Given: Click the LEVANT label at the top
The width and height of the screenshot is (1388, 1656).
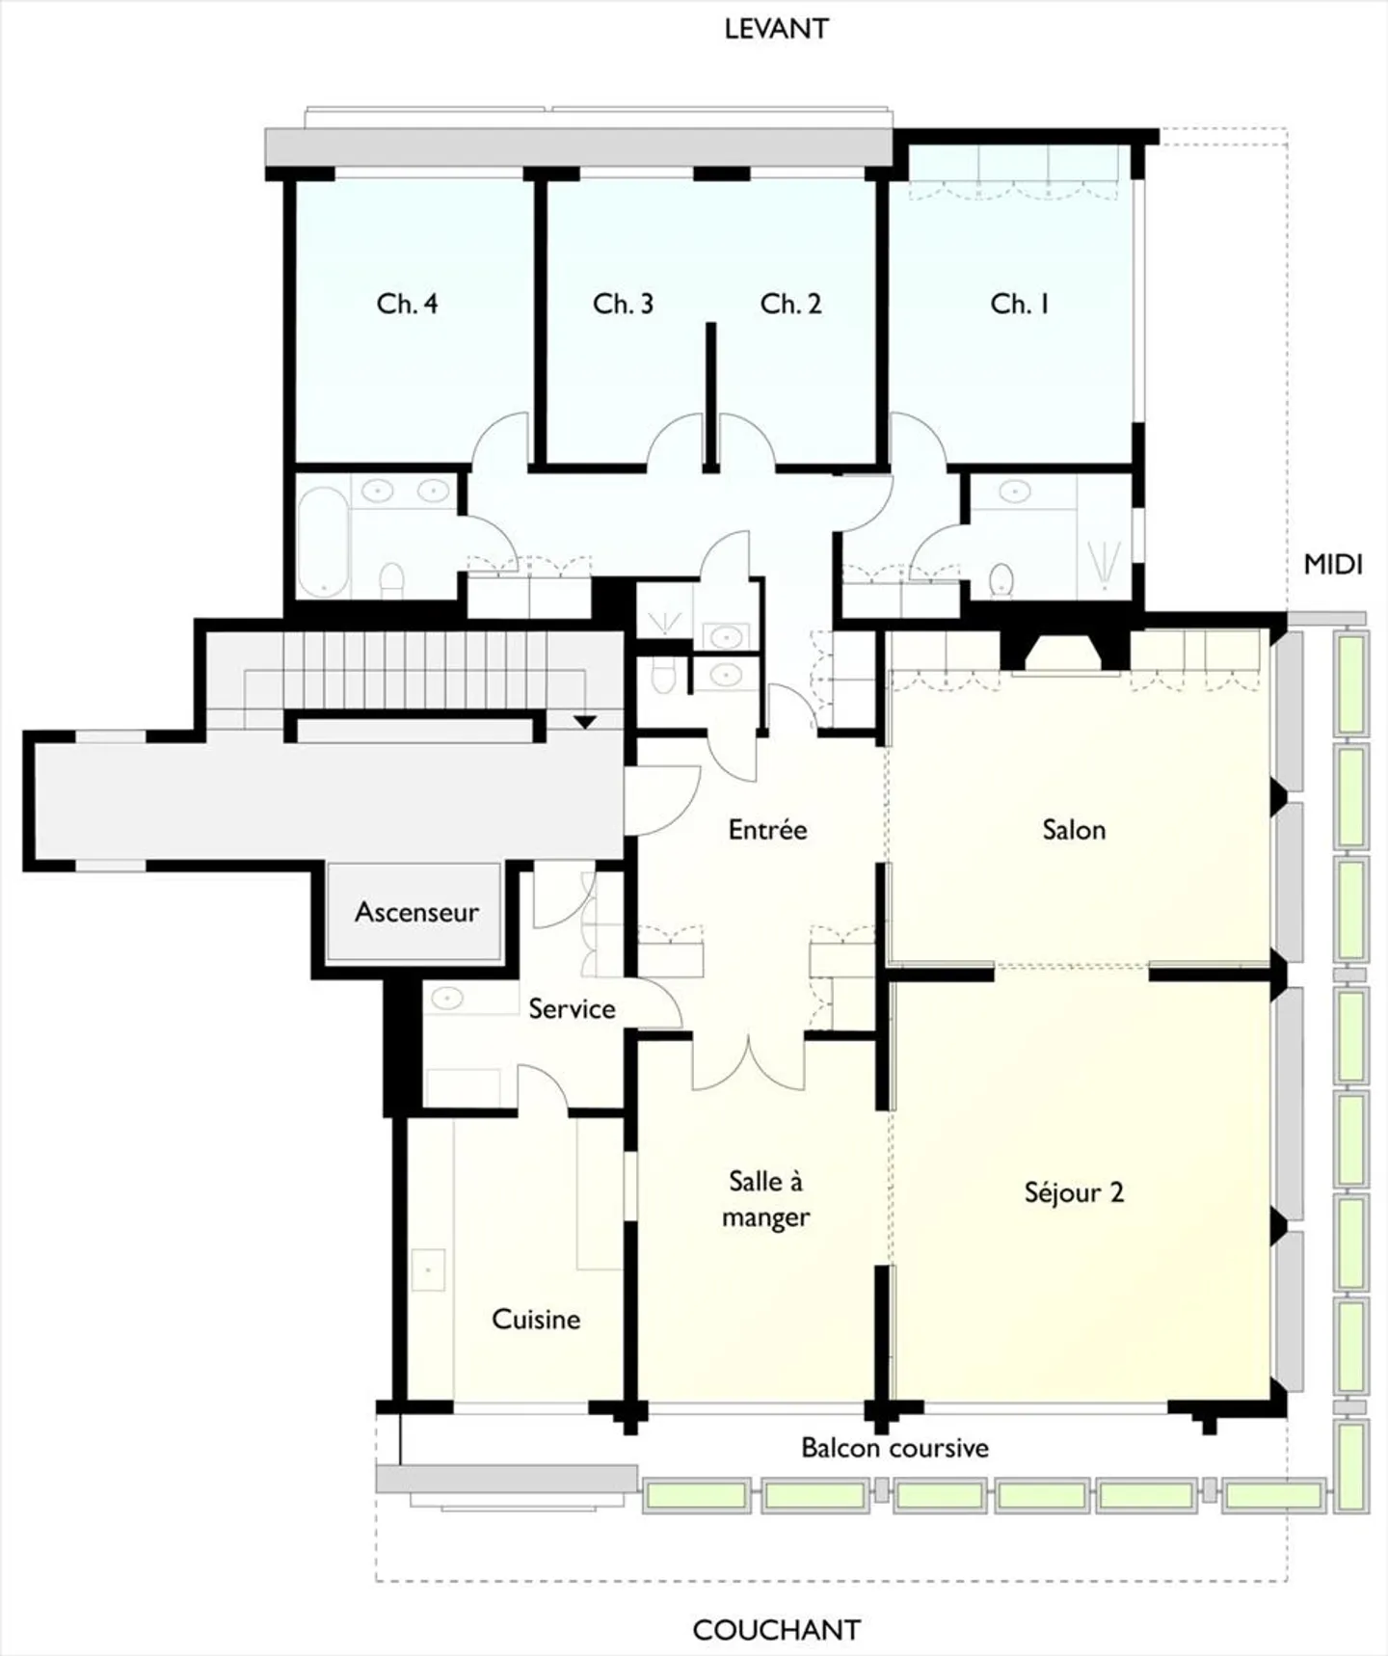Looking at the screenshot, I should pyautogui.click(x=776, y=29).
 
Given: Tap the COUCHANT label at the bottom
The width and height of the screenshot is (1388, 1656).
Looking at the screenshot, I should pyautogui.click(x=776, y=1630).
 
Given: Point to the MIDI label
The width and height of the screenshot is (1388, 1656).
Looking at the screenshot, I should pyautogui.click(x=1333, y=565).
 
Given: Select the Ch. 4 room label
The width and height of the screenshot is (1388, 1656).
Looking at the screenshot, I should pyautogui.click(x=407, y=305).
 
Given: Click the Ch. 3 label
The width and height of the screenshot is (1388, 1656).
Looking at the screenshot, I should pyautogui.click(x=623, y=305).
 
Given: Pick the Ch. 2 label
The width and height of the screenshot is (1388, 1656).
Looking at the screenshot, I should pyautogui.click(x=790, y=305).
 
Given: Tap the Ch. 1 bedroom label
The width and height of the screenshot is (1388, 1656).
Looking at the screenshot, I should pyautogui.click(x=1019, y=305).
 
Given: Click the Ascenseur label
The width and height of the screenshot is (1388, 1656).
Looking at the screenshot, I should pyautogui.click(x=416, y=912).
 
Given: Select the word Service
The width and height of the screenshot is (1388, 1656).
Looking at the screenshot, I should pyautogui.click(x=572, y=1009).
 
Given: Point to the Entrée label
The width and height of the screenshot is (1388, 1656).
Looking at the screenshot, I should pyautogui.click(x=767, y=830).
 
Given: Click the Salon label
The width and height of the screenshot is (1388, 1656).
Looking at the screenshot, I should pyautogui.click(x=1074, y=830).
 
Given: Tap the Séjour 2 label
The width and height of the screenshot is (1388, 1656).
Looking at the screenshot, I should pyautogui.click(x=1074, y=1192).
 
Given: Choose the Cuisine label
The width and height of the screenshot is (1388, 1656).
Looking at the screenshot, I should pyautogui.click(x=536, y=1319).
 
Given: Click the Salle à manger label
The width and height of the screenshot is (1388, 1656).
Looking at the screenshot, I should pyautogui.click(x=766, y=1199).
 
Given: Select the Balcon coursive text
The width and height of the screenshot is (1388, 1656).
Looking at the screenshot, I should pyautogui.click(x=894, y=1448).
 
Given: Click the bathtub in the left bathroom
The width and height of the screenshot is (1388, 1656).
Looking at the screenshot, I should pyautogui.click(x=323, y=542).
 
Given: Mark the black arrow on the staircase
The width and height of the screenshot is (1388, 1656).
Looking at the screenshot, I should pyautogui.click(x=585, y=721).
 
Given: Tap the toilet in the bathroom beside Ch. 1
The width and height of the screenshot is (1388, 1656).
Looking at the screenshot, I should pyautogui.click(x=1002, y=580).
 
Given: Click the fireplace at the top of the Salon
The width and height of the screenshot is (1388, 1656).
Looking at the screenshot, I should pyautogui.click(x=1065, y=652).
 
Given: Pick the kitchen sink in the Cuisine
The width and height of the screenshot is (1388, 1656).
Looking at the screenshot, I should pyautogui.click(x=428, y=1269).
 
